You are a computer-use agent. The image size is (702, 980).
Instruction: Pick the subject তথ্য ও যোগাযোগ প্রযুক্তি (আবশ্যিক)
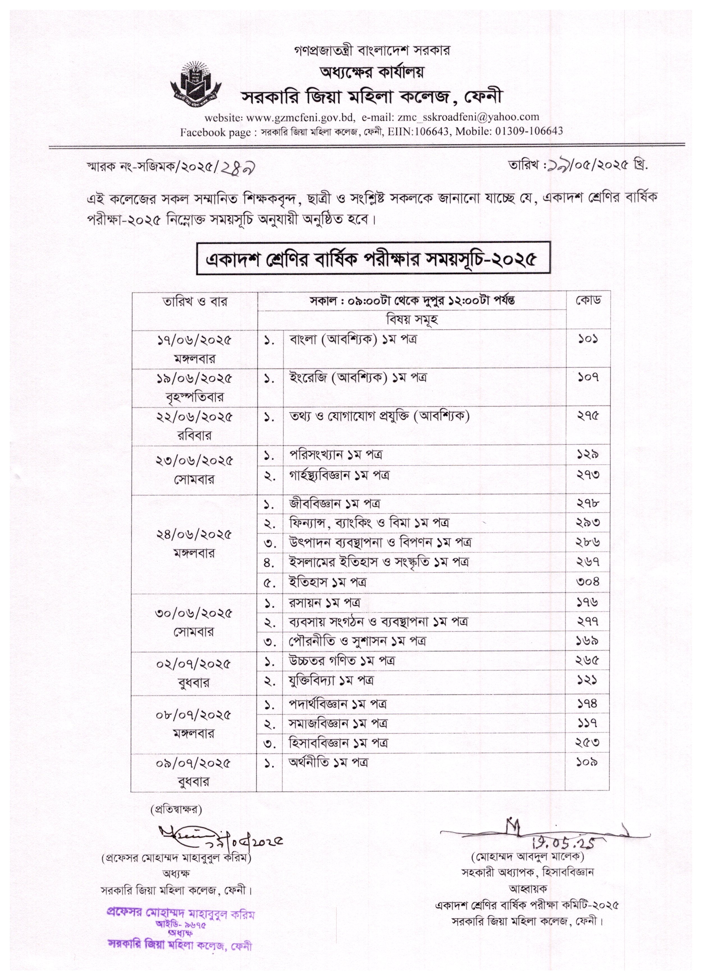tap(379, 416)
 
